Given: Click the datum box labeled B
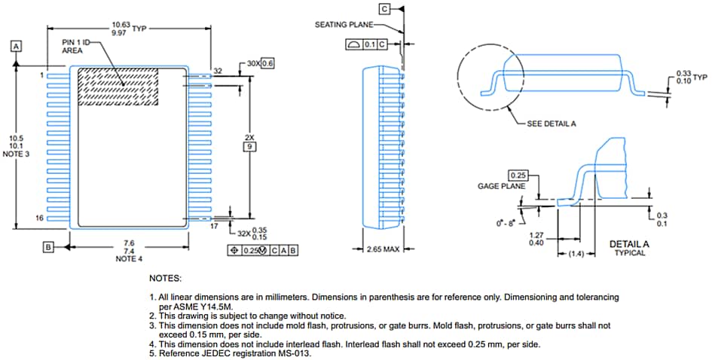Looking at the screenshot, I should pyautogui.click(x=48, y=246).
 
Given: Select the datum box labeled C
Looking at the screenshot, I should pyautogui.click(x=384, y=8).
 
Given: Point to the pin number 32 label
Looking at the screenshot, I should pyautogui.click(x=218, y=71).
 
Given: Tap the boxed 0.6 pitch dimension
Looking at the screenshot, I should pyautogui.click(x=267, y=63).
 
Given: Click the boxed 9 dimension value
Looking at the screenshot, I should pyautogui.click(x=250, y=147).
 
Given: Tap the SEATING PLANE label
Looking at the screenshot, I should pyautogui.click(x=343, y=25).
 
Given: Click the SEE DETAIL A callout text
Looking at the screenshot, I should pyautogui.click(x=552, y=124).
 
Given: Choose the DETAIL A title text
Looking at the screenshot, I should pyautogui.click(x=629, y=244).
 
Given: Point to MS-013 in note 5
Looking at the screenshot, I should pyautogui.click(x=295, y=353).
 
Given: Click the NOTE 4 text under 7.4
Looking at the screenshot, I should pyautogui.click(x=128, y=259).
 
